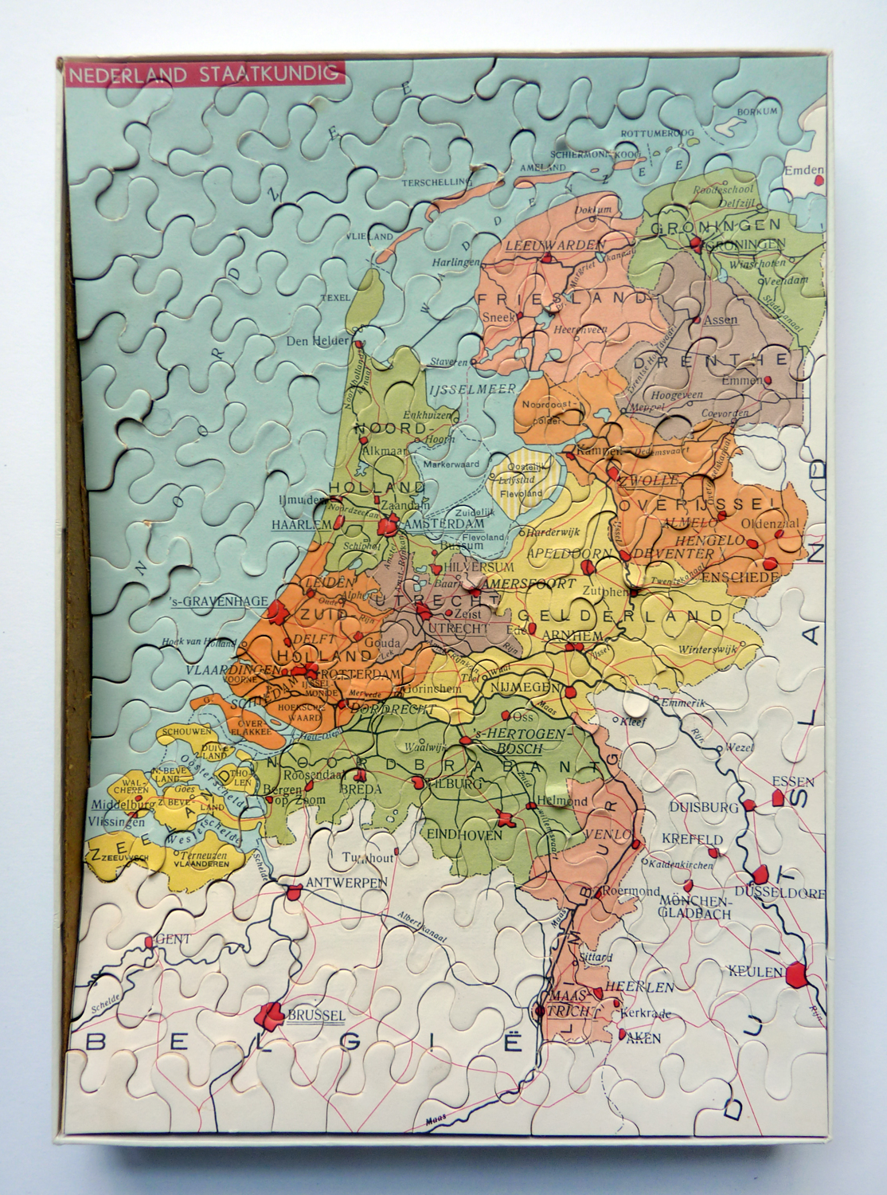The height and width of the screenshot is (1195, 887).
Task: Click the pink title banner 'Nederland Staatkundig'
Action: click(204, 74)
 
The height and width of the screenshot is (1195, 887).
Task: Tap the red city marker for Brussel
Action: click(270, 1014)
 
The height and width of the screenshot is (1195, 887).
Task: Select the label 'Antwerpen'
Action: click(346, 882)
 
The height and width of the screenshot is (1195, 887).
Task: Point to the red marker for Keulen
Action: click(795, 974)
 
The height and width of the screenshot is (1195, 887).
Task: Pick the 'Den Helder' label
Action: click(318, 341)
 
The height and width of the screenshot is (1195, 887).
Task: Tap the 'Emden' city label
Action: click(803, 170)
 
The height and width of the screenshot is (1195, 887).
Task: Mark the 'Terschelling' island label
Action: click(436, 182)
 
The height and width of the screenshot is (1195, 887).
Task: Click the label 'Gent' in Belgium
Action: click(173, 938)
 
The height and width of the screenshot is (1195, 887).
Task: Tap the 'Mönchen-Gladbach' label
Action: click(695, 907)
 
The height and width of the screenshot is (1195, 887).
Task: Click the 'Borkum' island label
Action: click(756, 111)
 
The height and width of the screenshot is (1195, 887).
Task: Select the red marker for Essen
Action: click(778, 797)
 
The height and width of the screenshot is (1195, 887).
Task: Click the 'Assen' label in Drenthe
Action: click(722, 319)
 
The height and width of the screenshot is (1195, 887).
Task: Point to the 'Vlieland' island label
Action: click(369, 237)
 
